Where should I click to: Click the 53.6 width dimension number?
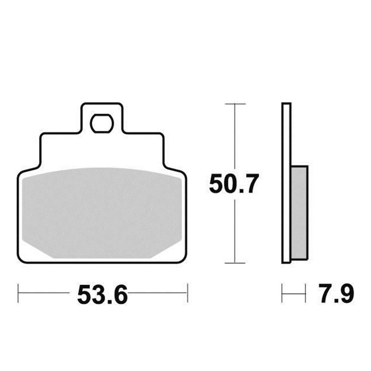point(103,295)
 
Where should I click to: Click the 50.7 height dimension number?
point(233,184)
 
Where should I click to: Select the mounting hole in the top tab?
point(102,123)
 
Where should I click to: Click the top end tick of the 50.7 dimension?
point(235,104)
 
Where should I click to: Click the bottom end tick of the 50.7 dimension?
point(235,263)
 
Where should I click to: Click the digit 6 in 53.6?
point(120,295)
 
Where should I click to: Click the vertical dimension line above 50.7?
point(235,137)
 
